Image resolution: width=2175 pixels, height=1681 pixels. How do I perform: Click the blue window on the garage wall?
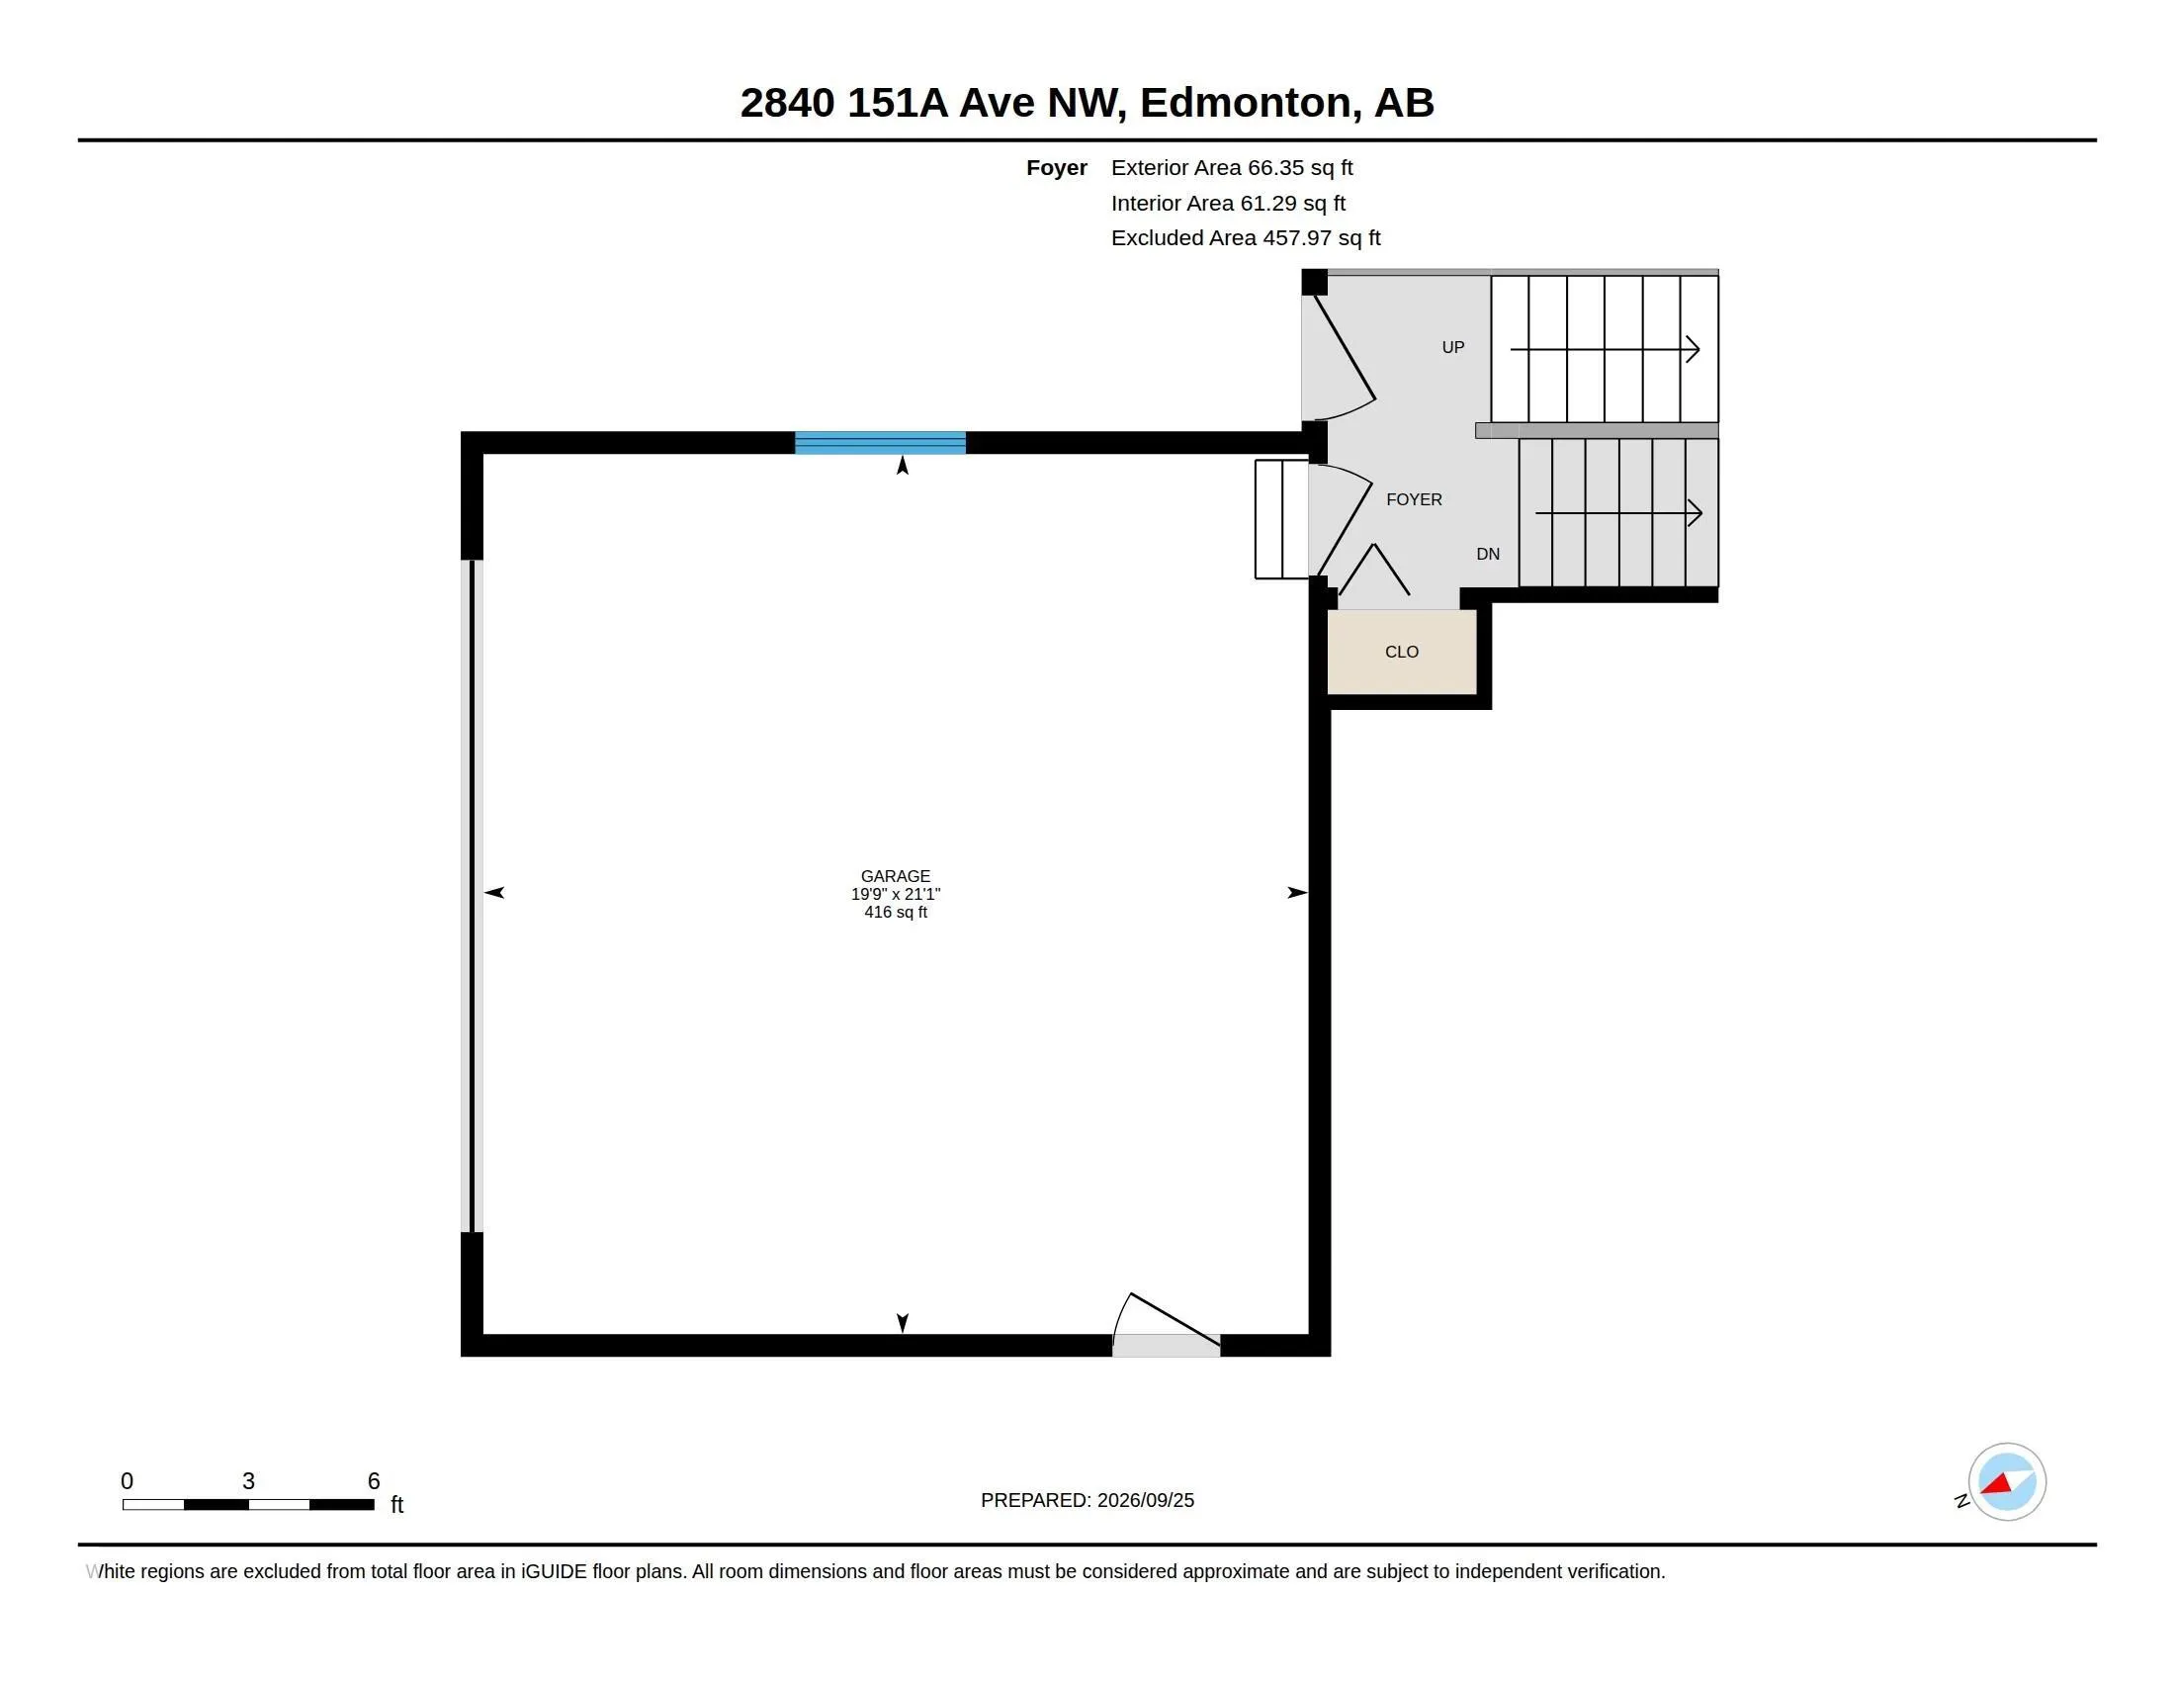[x=880, y=443]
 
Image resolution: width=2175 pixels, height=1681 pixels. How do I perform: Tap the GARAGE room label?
[x=896, y=876]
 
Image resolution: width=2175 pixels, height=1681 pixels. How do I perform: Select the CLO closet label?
[x=1401, y=652]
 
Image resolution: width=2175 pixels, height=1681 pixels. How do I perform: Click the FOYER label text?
[x=1414, y=499]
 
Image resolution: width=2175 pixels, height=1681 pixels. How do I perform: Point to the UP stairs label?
[x=1453, y=346]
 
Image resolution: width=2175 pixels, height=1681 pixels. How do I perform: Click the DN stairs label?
[x=1488, y=554]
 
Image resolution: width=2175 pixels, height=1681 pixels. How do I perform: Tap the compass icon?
[x=2007, y=1482]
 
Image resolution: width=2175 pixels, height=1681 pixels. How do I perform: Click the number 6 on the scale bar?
[x=374, y=1481]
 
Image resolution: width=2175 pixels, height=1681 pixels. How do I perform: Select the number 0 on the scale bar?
[x=127, y=1481]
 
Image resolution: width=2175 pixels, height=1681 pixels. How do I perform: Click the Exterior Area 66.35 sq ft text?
[x=1232, y=167]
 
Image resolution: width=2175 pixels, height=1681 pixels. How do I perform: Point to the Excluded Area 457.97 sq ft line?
[x=1246, y=238]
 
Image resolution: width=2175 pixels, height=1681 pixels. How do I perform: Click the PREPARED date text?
[x=1087, y=1500]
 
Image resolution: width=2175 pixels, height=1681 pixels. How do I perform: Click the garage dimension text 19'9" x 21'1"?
[x=896, y=894]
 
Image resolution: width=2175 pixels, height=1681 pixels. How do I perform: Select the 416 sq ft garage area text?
[x=896, y=913]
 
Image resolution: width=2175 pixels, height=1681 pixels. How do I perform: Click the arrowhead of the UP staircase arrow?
[x=1693, y=349]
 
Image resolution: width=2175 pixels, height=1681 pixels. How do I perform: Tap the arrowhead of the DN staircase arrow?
[x=1695, y=513]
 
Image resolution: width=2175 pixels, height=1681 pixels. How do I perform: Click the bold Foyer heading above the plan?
[x=1057, y=168]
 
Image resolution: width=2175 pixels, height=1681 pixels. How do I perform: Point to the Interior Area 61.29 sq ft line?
[x=1228, y=203]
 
